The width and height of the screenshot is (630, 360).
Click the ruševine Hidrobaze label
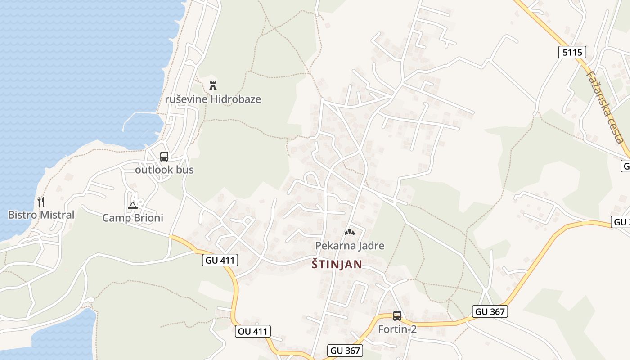click(213, 99)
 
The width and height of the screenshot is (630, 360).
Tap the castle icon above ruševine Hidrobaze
click(213, 85)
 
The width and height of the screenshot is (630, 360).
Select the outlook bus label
click(164, 170)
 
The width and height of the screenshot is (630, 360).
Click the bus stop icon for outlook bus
click(164, 157)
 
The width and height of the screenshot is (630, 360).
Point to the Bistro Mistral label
click(41, 215)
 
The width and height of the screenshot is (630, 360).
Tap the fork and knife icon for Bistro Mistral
click(41, 201)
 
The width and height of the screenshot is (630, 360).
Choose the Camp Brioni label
click(133, 218)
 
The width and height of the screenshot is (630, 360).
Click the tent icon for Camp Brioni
click(133, 206)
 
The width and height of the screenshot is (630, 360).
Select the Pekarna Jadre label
click(350, 245)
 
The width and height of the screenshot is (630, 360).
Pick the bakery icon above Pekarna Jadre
click(350, 232)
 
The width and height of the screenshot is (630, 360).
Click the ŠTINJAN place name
click(337, 264)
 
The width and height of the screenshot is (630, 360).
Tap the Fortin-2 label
click(397, 329)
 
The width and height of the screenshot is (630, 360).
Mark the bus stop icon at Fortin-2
click(397, 315)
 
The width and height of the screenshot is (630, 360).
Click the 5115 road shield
click(572, 52)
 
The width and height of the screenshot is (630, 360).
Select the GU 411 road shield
click(220, 260)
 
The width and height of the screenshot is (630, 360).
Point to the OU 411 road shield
click(252, 332)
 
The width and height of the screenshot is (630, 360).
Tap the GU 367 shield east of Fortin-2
click(490, 311)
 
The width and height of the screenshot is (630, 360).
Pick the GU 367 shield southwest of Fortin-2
click(345, 351)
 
